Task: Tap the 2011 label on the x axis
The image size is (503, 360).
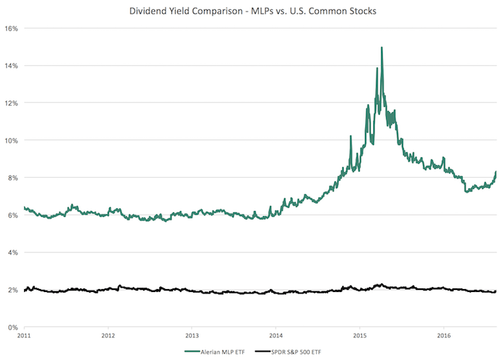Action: click(24, 335)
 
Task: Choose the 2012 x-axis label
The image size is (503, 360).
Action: click(108, 335)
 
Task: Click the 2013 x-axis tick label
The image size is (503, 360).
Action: click(192, 335)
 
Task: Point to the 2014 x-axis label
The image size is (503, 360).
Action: click(276, 335)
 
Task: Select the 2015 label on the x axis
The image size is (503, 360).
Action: click(360, 335)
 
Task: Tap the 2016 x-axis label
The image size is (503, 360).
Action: click(443, 335)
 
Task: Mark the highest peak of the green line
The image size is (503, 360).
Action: click(382, 48)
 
